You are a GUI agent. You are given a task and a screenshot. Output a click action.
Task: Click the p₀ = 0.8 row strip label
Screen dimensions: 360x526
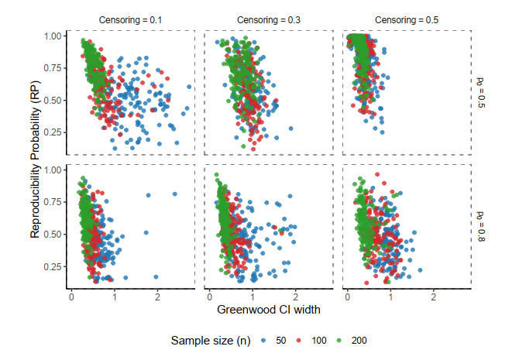click(480, 225)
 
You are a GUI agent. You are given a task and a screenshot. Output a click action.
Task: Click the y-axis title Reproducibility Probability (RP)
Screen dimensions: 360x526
click(36, 159)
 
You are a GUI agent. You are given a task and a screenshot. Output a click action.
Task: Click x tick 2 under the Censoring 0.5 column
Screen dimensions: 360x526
click(433, 296)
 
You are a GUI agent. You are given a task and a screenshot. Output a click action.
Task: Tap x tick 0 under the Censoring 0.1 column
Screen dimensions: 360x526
click(71, 296)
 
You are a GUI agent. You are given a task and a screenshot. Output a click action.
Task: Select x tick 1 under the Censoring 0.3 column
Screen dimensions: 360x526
click(252, 296)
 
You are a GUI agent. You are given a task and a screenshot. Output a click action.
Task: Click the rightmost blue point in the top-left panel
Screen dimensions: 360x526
click(189, 86)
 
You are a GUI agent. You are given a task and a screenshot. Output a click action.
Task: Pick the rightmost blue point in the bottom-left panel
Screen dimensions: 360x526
click(174, 194)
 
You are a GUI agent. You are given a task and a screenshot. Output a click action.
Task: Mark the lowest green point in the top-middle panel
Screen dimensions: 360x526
click(244, 146)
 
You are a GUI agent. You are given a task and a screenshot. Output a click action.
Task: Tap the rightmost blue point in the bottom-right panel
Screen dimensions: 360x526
click(420, 270)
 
